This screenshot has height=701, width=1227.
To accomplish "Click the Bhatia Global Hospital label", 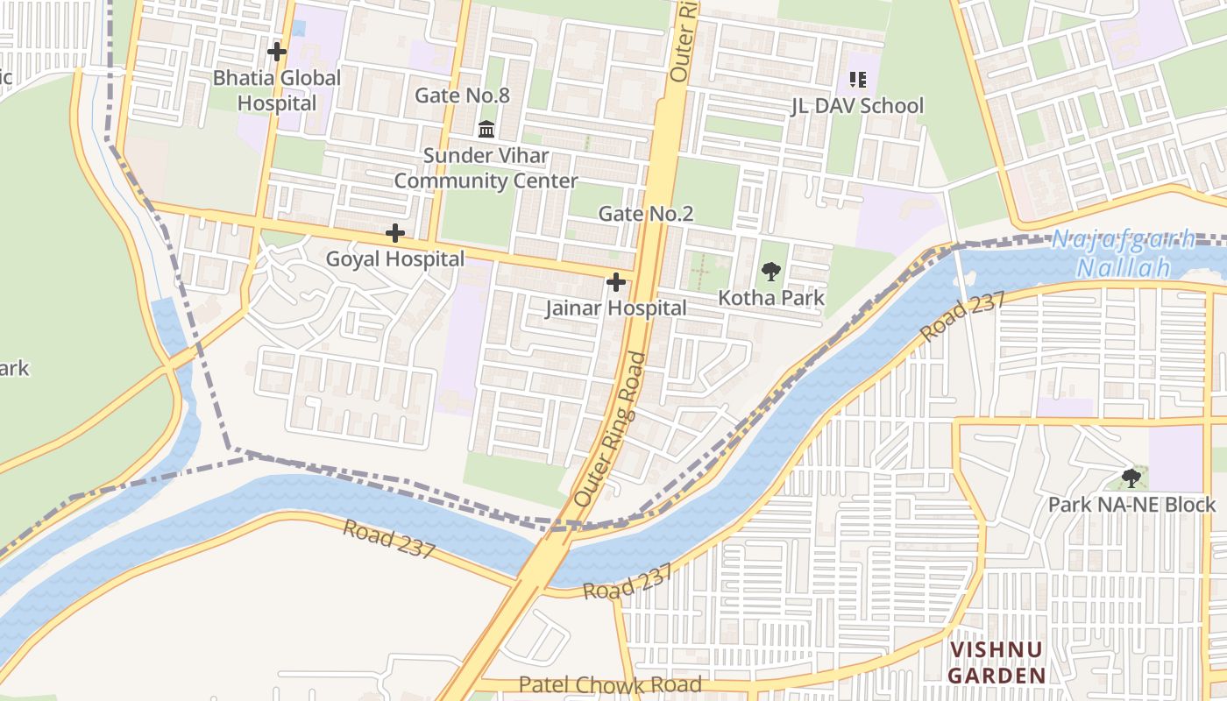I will point(277,90).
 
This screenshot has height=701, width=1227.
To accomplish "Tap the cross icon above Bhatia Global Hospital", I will point(277,52).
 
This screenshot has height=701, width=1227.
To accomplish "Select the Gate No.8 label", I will point(462,96).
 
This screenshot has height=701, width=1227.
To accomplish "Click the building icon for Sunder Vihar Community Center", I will point(486,130).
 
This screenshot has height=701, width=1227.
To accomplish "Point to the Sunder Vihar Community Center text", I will point(486,168).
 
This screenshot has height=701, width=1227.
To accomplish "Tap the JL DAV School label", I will point(857,106).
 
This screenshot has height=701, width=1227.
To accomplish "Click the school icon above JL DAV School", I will point(858,81).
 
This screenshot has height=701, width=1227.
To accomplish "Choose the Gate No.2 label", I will point(646,214).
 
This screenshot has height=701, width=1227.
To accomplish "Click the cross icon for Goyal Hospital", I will point(395,233).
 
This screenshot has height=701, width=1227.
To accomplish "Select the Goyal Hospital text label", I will point(395,259).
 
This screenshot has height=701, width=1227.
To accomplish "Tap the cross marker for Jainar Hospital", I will point(616,282).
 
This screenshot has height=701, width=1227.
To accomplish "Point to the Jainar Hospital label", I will point(616,308).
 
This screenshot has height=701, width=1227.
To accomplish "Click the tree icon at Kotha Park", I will point(771,272).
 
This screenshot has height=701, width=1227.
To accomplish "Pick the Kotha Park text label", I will point(771,298).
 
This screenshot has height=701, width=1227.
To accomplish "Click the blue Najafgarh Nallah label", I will point(1124,253).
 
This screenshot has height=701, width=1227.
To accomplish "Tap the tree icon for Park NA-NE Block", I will point(1131,478).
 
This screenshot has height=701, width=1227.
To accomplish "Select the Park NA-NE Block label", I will point(1131,505).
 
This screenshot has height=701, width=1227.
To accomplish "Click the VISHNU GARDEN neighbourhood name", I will point(998,662).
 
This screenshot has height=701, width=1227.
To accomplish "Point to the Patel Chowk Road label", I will point(610,684).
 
